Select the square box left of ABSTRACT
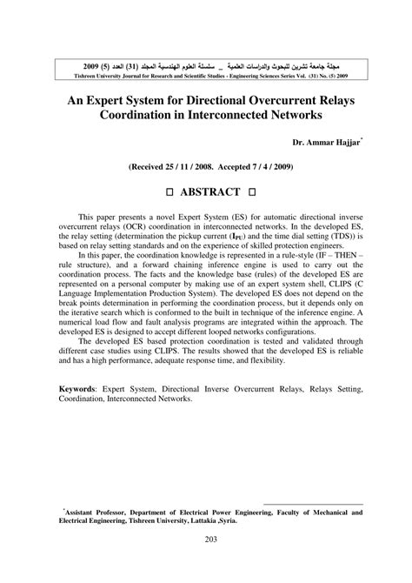(160, 191)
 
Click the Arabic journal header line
(206, 65)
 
